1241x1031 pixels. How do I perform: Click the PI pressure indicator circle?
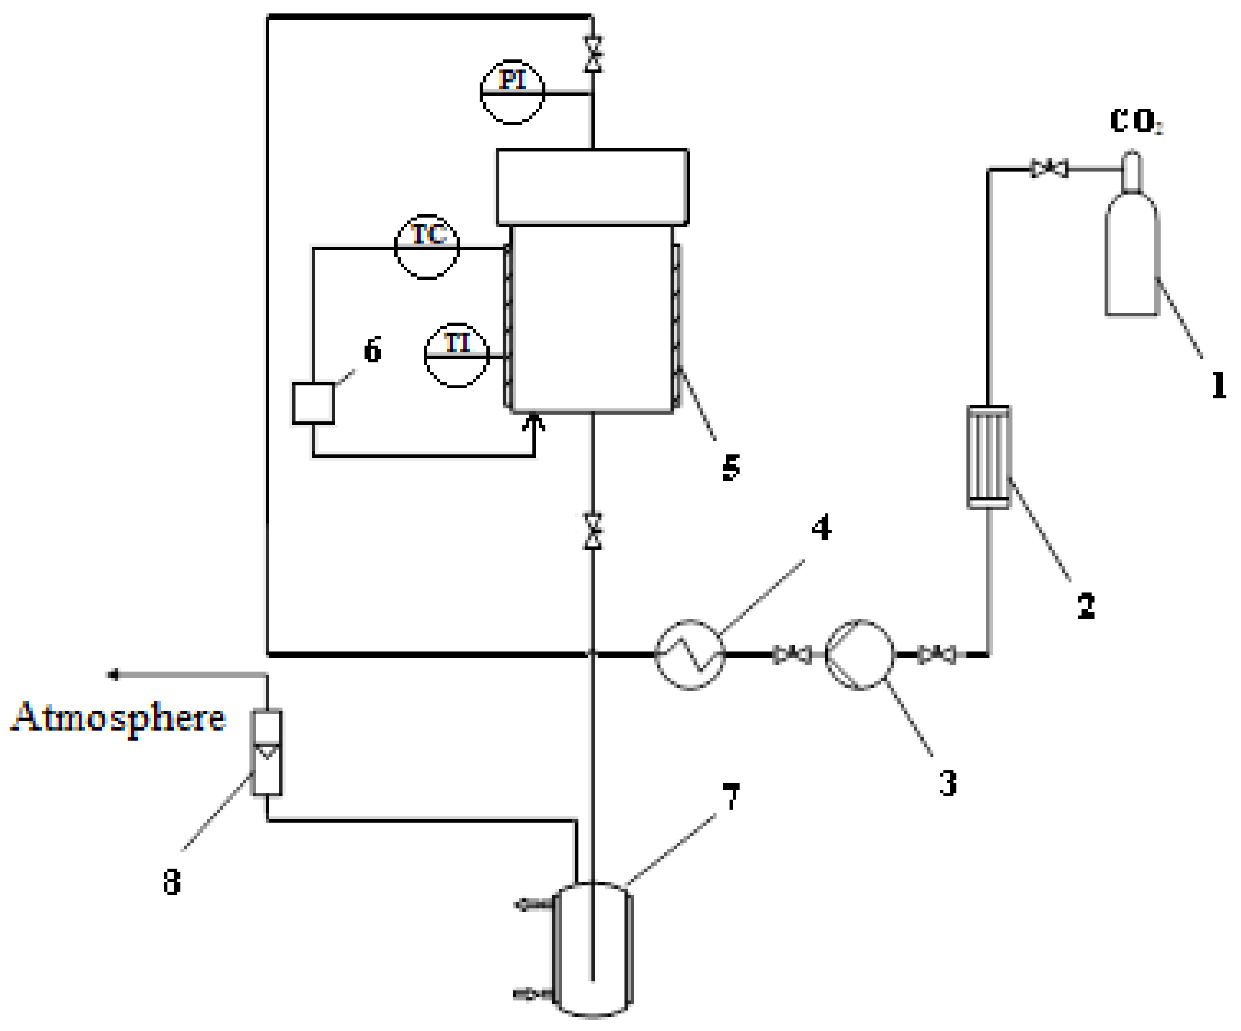pos(512,92)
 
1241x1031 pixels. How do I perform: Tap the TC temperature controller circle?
pos(427,246)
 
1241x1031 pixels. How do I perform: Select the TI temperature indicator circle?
pos(456,355)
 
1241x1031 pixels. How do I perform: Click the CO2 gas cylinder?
pos(1132,254)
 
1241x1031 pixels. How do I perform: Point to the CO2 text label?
pos(1135,122)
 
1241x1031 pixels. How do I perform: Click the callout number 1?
pos(1218,385)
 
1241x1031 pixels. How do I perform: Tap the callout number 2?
pos(1086,605)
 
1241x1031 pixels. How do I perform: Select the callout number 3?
pos(948,783)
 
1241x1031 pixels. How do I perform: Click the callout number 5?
pos(731,467)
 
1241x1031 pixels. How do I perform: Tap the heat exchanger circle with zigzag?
pos(690,654)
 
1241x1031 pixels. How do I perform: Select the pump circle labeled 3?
pos(859,654)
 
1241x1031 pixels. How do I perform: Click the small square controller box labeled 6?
pos(313,403)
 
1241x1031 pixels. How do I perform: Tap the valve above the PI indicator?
pos(593,54)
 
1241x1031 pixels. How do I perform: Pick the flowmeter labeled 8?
pos(267,752)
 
